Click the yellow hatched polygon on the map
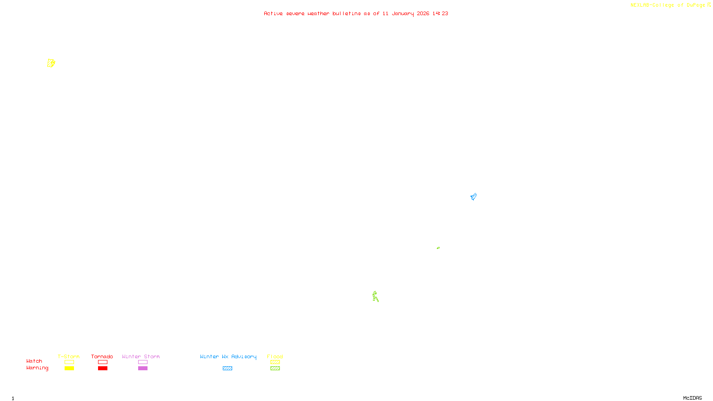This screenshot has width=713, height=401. [51, 63]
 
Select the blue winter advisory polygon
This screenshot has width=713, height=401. [473, 196]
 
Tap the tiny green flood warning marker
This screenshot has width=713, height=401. [438, 248]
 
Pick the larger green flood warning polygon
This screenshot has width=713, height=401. [375, 296]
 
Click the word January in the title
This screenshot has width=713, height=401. [402, 13]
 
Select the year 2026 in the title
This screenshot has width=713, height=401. [423, 13]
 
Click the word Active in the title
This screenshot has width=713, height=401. [273, 13]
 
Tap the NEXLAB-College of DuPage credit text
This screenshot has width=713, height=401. [668, 5]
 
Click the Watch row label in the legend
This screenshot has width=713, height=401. [34, 361]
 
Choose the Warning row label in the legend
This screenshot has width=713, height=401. [37, 368]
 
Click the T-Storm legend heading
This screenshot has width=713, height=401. [69, 356]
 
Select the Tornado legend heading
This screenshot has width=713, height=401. [102, 356]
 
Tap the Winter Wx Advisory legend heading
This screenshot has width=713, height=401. [228, 356]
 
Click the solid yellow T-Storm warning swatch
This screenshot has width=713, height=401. [69, 368]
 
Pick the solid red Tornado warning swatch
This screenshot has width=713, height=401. [102, 368]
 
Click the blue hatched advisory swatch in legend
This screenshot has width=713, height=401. [227, 368]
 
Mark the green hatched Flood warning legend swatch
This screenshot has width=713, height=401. [275, 368]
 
